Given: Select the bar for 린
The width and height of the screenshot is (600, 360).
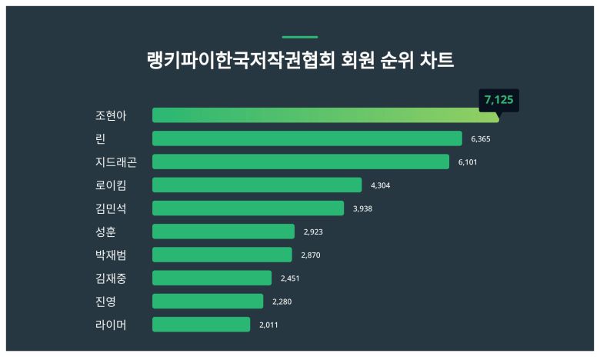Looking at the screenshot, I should (306, 138).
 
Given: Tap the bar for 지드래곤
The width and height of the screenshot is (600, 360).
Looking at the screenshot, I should (300, 162).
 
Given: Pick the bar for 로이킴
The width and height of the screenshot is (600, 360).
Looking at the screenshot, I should (256, 185).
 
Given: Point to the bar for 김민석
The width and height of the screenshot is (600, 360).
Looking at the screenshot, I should (248, 208).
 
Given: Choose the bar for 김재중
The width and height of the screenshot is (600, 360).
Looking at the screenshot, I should (212, 278).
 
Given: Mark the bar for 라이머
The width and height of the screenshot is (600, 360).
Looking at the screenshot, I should (201, 325).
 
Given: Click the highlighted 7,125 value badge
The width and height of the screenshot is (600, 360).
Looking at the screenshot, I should (498, 99).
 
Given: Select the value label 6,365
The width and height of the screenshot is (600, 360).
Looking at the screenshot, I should (481, 139).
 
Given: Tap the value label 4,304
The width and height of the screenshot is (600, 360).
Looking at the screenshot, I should (381, 185).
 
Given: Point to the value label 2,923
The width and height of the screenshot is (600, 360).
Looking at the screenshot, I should (314, 232).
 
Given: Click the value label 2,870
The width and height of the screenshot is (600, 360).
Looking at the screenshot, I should (312, 255).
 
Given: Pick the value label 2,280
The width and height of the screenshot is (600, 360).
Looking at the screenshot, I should (282, 302).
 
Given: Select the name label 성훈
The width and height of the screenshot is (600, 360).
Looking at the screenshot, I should (105, 232).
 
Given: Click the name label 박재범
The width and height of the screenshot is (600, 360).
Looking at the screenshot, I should (111, 255).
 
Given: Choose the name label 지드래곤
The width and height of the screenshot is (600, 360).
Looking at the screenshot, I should (116, 162).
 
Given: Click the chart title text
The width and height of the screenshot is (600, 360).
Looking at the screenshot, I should (299, 60).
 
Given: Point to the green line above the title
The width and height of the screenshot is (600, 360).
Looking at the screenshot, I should (299, 37).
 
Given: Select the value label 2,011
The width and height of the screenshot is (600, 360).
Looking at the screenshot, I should (268, 325).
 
